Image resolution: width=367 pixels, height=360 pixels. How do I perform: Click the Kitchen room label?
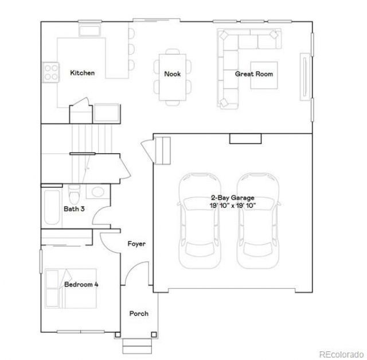pyautogui.click(x=83, y=73)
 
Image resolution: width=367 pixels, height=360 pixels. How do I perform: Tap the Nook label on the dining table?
pyautogui.click(x=172, y=74)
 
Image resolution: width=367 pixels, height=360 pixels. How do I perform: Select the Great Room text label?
pyautogui.click(x=254, y=74)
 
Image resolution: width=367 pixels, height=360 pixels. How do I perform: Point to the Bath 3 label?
pyautogui.click(x=74, y=209)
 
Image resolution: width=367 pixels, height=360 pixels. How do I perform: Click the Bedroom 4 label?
pyautogui.click(x=81, y=285)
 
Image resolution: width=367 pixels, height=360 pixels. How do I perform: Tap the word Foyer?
pyautogui.click(x=136, y=244)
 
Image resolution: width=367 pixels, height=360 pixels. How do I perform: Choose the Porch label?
pyautogui.click(x=139, y=313)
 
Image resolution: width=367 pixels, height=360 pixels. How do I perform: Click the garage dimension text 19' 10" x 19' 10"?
pyautogui.click(x=233, y=206)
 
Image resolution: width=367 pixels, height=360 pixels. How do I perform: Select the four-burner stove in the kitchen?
pyautogui.click(x=51, y=72)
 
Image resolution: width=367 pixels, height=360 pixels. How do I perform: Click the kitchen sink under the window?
pyautogui.click(x=90, y=30)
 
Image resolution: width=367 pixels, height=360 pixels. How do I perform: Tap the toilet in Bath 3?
pyautogui.click(x=74, y=194)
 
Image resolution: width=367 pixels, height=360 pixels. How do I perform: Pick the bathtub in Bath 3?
pyautogui.click(x=52, y=207)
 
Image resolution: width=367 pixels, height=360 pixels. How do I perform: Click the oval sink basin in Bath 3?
pyautogui.click(x=97, y=192)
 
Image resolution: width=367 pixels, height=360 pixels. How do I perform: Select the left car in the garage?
pyautogui.click(x=200, y=221)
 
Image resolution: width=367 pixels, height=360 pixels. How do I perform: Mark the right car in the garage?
pyautogui.click(x=257, y=221)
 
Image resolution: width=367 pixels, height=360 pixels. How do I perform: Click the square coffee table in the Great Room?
pyautogui.click(x=264, y=75)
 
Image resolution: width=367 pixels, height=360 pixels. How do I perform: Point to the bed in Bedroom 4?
pyautogui.click(x=71, y=288)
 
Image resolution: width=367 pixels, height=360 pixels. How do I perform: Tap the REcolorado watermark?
pyautogui.click(x=341, y=354)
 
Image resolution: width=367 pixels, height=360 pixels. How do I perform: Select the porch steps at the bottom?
pyautogui.click(x=138, y=346)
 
